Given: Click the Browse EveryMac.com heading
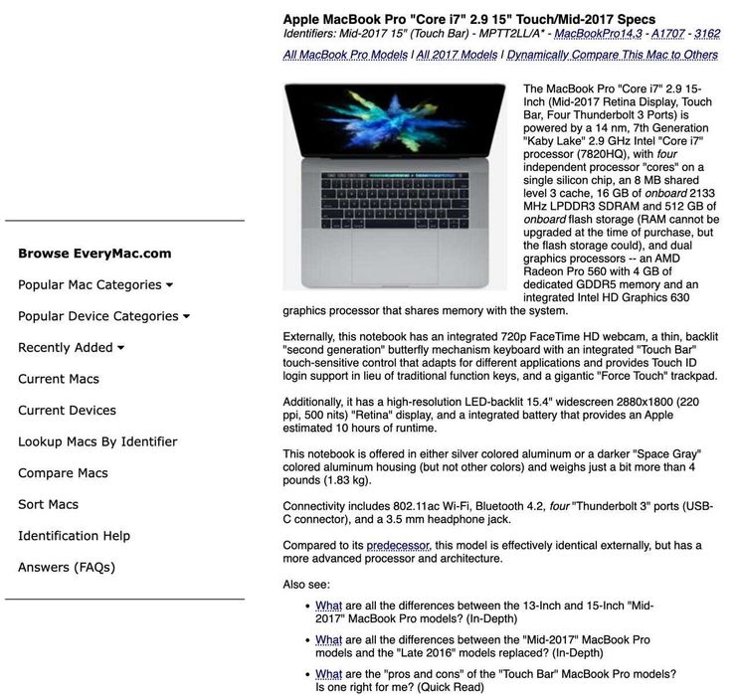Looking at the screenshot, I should coord(94,254).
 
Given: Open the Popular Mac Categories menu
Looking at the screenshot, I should coord(94,285).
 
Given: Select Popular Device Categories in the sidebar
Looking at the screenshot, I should coord(103,316).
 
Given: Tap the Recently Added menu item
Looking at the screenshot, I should coord(71,348).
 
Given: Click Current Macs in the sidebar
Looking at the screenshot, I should coord(59,379).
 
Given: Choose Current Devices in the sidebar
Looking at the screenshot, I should coord(67,411).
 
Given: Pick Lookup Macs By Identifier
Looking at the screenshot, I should coord(97,441).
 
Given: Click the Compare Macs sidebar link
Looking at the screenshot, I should coord(63,473).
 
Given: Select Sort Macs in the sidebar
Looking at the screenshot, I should coord(48,504).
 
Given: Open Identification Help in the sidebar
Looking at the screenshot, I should coord(74,536).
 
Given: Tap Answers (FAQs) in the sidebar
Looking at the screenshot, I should coord(67,568).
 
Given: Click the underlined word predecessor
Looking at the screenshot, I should coord(398,546).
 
